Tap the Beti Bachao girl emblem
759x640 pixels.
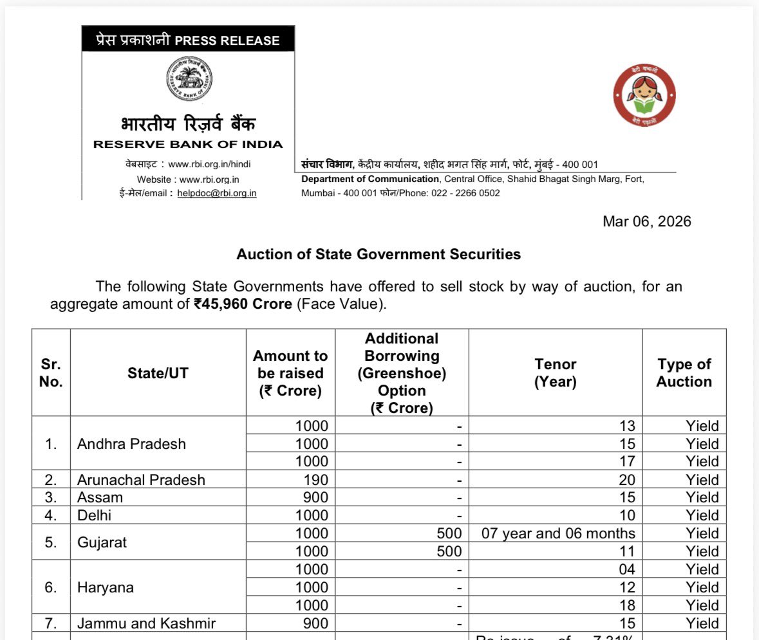[644, 96]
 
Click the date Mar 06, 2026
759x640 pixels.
[646, 222]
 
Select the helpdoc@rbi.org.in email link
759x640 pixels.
[217, 193]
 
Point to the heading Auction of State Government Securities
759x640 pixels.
[379, 254]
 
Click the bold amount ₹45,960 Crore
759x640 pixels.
[243, 304]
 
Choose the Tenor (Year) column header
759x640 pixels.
[555, 373]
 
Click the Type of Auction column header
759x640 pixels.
[684, 373]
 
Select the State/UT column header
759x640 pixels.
[158, 373]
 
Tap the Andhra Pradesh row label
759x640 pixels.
[131, 444]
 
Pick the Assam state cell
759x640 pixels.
[100, 497]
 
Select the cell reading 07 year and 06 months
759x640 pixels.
[558, 533]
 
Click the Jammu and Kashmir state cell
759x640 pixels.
[146, 623]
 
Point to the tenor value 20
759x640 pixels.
[626, 480]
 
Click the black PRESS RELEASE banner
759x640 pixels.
[188, 41]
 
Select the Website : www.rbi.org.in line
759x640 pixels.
[187, 179]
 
